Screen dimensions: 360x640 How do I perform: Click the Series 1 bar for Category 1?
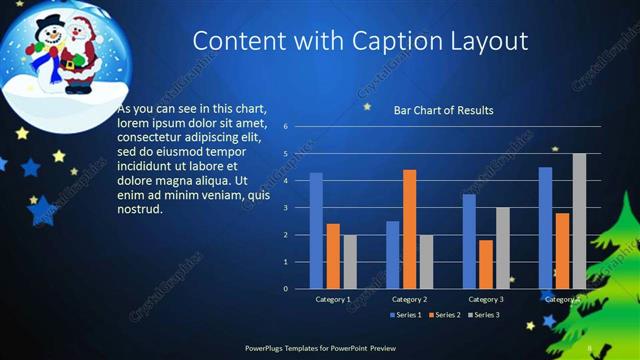point(316,231)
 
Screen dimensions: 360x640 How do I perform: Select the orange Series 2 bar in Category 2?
point(409,229)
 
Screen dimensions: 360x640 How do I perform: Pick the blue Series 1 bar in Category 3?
point(469,241)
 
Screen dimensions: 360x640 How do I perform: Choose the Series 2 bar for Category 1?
point(333,256)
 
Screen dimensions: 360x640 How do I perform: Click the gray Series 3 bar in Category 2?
point(426,261)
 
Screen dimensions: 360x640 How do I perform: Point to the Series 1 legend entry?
point(405,315)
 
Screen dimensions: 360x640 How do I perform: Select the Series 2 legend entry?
point(445,315)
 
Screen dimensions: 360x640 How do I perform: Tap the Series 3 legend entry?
point(484,315)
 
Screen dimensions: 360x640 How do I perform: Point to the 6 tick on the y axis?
point(286,127)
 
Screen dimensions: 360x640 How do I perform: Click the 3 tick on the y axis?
point(286,208)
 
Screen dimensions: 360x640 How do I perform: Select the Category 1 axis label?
point(333,299)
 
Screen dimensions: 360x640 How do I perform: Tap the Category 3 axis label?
point(486,299)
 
